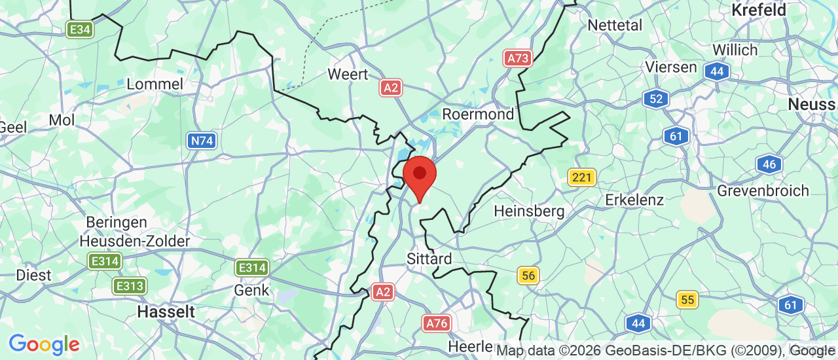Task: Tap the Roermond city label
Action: coord(478,114)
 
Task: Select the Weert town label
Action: coord(348,74)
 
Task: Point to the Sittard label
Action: coord(429,258)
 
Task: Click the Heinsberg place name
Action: coord(529,211)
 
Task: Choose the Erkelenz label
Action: coord(634,200)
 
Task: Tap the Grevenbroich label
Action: coord(763,190)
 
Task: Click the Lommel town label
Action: coord(155,84)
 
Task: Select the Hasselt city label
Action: coord(166,312)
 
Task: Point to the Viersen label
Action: coord(670,67)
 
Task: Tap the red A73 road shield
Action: coord(518,58)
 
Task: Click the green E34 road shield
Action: coord(80,29)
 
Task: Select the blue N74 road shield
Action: coord(202,140)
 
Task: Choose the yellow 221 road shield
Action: coord(581,177)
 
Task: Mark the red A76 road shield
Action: coord(436,323)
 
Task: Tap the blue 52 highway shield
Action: coord(655,99)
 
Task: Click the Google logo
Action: coord(44,344)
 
